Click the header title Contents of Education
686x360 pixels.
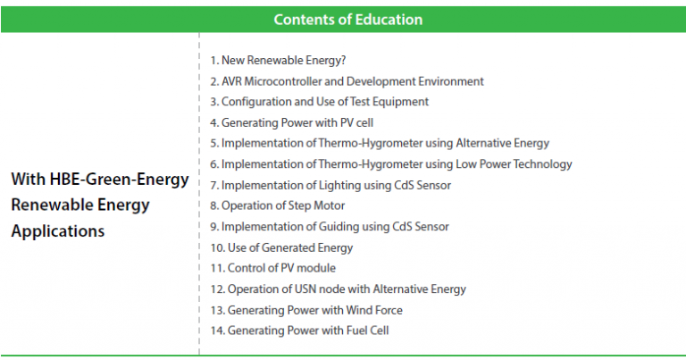[x=348, y=20]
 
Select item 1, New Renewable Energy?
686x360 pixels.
[x=278, y=61]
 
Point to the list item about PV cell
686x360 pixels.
[x=292, y=123]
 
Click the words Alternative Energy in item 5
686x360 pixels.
[x=502, y=144]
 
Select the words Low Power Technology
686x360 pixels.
[x=514, y=164]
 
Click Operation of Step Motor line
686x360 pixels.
[x=278, y=205]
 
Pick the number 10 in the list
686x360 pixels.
[x=217, y=248]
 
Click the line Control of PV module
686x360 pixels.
[x=273, y=268]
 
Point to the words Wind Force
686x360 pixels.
[x=374, y=310]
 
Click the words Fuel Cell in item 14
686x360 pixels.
[x=367, y=331]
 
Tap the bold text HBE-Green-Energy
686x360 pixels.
[x=119, y=180]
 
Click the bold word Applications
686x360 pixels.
[x=58, y=231]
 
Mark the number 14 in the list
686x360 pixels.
[x=217, y=331]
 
